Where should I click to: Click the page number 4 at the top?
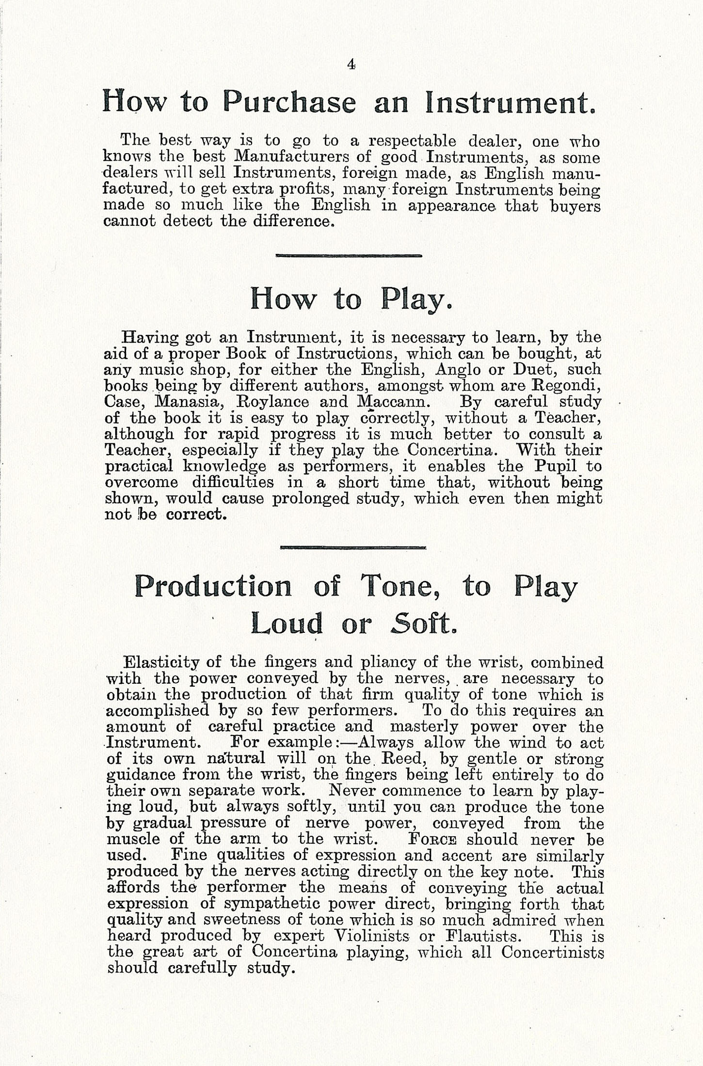point(351,64)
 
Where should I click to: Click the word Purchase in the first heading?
point(289,102)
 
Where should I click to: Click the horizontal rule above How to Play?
point(349,255)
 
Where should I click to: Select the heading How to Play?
point(351,299)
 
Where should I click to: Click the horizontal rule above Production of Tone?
point(353,548)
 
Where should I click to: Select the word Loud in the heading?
point(287,624)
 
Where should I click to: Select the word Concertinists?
point(553,952)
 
